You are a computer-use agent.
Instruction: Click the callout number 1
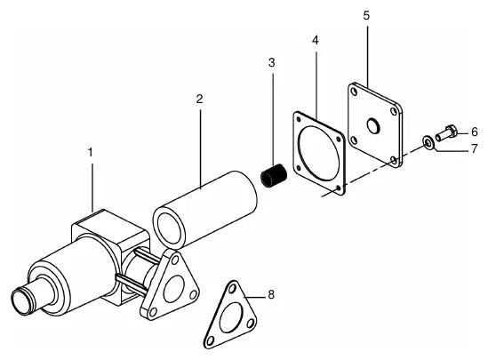click(x=91, y=153)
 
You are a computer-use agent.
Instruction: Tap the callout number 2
click(x=199, y=99)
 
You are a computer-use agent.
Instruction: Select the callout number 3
click(x=272, y=62)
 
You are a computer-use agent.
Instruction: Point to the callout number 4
click(x=316, y=40)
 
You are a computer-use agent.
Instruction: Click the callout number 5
click(x=366, y=15)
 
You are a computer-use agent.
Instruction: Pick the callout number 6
click(x=474, y=132)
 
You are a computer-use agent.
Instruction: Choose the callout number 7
click(x=474, y=148)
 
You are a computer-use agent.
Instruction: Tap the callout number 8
click(x=271, y=294)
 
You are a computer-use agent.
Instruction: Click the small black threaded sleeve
click(x=274, y=175)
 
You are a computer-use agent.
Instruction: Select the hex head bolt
click(x=446, y=133)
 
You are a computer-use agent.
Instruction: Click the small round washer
click(x=428, y=142)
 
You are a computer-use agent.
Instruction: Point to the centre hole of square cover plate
click(x=372, y=125)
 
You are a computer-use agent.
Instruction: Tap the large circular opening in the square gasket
click(x=318, y=154)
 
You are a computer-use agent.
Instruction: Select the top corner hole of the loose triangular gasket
click(x=232, y=289)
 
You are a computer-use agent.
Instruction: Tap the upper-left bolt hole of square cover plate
click(x=354, y=92)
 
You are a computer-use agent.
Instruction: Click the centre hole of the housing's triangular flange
click(x=174, y=289)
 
